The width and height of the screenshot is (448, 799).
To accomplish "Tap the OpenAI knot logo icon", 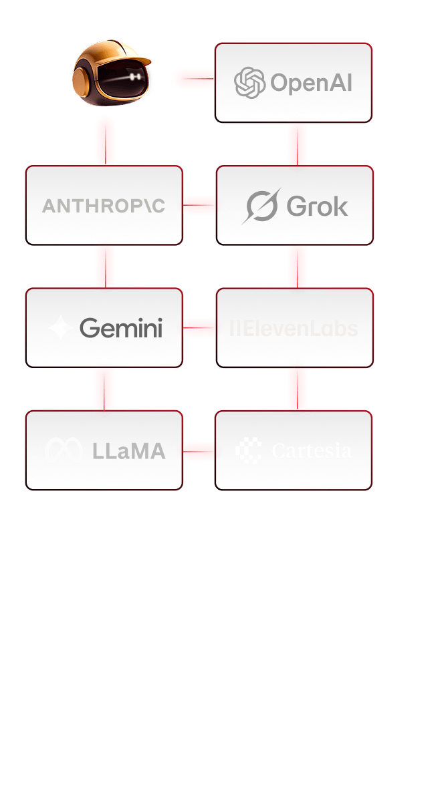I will point(250,82).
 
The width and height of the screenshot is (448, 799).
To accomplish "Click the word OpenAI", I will point(310,83).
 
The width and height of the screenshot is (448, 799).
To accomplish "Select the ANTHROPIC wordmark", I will point(104,205).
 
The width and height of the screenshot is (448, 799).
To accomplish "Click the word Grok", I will point(318,206).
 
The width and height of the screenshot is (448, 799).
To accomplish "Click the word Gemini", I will point(121,328).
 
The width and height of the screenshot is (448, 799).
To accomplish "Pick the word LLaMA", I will point(129,451).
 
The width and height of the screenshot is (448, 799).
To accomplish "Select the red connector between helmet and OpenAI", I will point(193,79).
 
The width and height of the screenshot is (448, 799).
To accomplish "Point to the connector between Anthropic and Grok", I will point(199,205).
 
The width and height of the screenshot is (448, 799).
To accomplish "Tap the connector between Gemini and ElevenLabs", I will point(199,327).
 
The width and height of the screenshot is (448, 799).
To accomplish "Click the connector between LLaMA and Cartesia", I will point(199,451).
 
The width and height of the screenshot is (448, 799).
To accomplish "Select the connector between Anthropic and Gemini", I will point(105,266).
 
